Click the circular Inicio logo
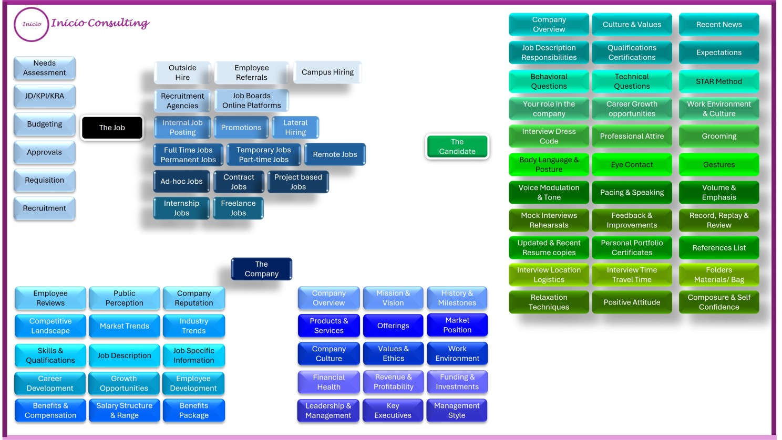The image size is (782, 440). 32,24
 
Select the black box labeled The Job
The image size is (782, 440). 112,128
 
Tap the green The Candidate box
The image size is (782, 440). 457,146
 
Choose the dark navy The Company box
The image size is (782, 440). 261,269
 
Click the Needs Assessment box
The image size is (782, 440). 45,68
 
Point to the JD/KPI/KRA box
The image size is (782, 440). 45,96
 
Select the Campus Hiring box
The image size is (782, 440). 327,72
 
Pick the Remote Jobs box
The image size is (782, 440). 335,154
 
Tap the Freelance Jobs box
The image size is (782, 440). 238,208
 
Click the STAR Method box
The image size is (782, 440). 718,81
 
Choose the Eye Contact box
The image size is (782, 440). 632,164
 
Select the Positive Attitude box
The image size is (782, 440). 632,302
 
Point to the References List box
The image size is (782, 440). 718,248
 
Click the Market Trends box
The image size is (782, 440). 125,326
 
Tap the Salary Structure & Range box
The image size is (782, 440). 125,411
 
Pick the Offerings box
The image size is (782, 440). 393,326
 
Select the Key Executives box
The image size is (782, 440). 393,411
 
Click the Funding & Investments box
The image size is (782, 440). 457,382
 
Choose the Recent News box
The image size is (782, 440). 718,25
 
